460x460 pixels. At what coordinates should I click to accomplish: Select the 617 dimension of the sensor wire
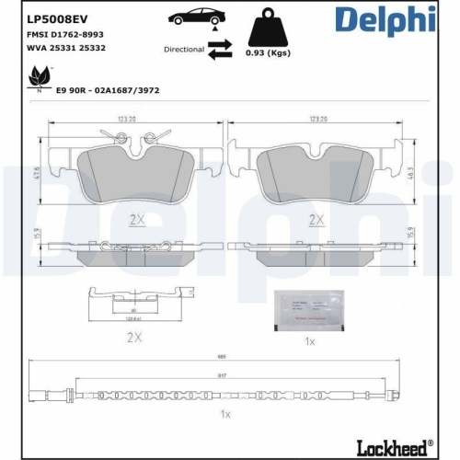click(221, 375)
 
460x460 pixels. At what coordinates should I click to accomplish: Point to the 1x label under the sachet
click(310, 341)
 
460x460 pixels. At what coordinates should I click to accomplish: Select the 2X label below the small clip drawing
click(134, 338)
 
